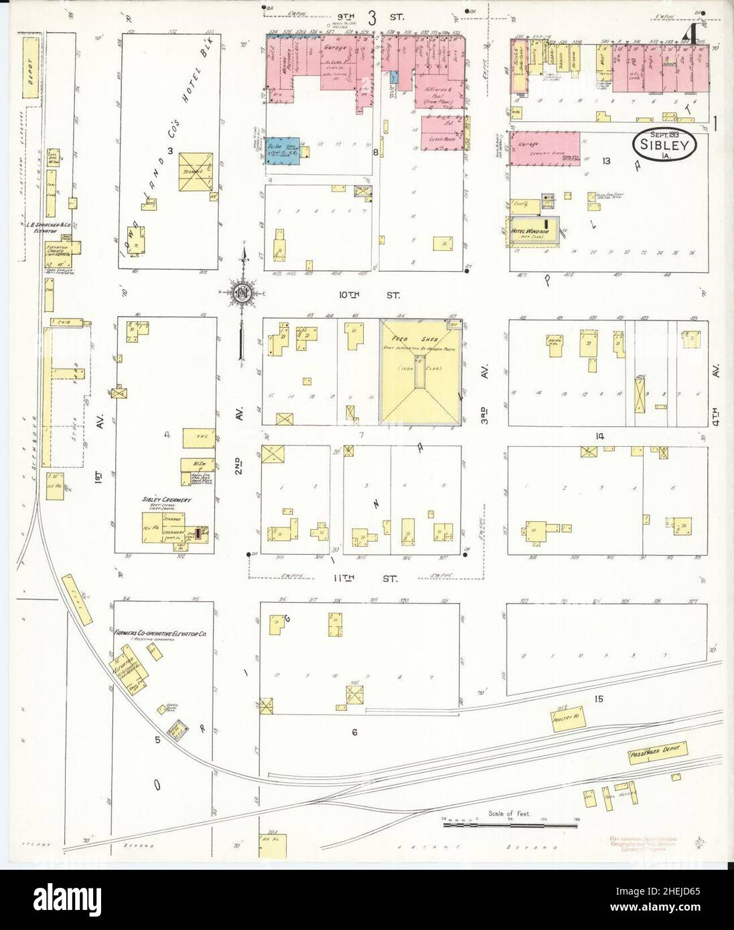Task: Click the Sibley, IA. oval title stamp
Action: coord(666,143)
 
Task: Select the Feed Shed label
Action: coord(421,339)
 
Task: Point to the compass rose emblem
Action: coord(242,292)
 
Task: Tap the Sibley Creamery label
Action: coord(167,500)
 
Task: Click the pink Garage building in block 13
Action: coord(546,145)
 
